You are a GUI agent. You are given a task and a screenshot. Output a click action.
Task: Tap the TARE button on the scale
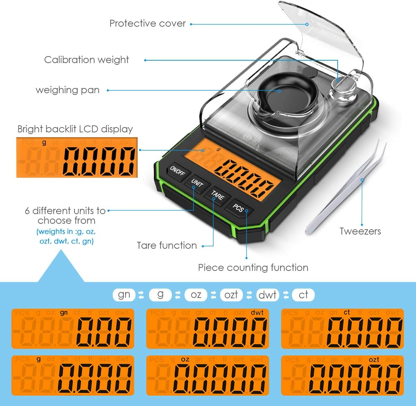pos(218,195)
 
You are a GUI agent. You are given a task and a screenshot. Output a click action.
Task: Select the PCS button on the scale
pos(238,208)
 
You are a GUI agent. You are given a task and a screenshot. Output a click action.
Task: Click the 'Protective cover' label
pos(148,24)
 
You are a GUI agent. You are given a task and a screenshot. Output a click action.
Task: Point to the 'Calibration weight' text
pos(86,60)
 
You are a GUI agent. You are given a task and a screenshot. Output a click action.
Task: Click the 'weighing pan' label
pos(68,90)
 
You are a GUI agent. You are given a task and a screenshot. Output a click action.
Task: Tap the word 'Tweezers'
pos(360,231)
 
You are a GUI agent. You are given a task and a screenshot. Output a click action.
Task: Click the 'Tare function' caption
pos(167,246)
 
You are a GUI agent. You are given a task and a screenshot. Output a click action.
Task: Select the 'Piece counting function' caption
pos(253,267)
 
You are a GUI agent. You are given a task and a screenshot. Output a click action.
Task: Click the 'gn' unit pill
pos(124,295)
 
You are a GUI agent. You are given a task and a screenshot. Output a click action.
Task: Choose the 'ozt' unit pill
pos(231,295)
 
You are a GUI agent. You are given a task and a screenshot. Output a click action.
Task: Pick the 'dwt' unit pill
pos(267,295)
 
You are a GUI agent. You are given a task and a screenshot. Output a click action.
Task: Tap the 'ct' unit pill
pos(303,295)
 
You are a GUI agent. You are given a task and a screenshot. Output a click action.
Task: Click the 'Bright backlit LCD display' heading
pos(75,129)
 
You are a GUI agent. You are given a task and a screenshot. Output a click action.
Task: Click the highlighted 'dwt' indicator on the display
pos(257,312)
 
